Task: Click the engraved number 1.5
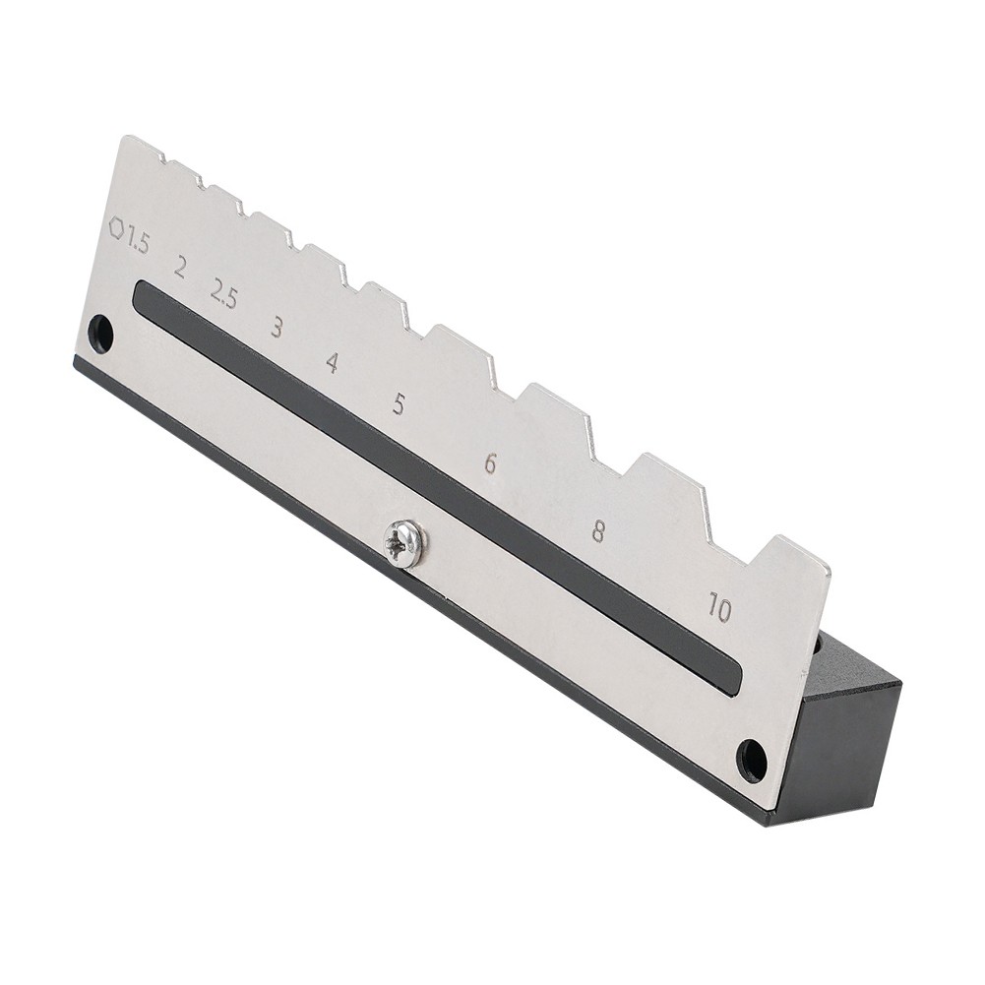(136, 241)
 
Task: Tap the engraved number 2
(180, 269)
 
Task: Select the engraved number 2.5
(223, 294)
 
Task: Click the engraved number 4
(334, 363)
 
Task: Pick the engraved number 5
(399, 403)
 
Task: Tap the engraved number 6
(490, 462)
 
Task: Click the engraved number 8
(598, 530)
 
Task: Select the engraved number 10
(720, 608)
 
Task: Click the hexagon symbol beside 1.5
(116, 227)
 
